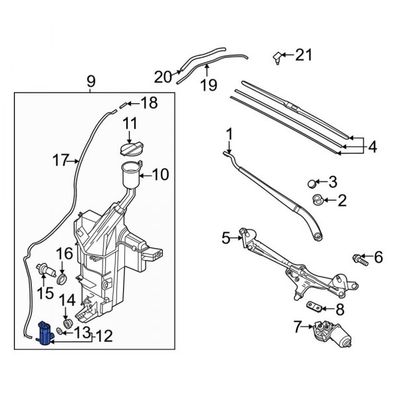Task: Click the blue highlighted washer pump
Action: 46,332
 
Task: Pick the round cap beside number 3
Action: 314,183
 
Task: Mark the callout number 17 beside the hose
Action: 61,159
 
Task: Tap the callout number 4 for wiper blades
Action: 372,147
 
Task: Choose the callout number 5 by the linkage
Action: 226,237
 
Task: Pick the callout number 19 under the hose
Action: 209,84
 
